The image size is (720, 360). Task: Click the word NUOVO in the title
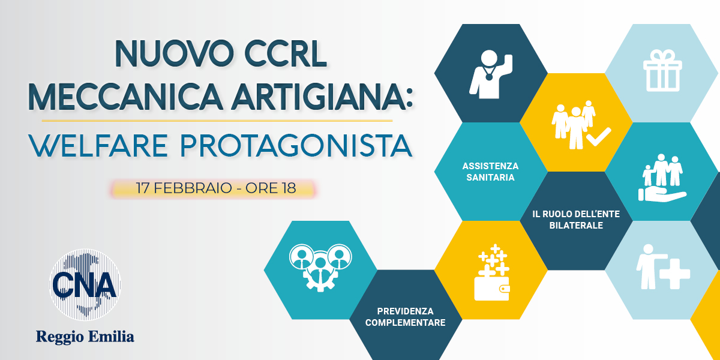174,53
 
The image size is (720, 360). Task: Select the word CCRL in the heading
286,53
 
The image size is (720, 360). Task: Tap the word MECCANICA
125,97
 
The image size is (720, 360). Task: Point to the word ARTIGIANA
317,97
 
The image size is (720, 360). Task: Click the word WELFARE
98,146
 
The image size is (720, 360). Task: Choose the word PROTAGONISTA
296,146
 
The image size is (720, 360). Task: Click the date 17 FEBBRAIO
184,188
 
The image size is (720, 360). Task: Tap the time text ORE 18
271,188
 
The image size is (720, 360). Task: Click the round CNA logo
85,285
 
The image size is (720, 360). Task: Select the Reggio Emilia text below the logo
85,337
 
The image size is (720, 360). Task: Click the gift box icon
662,70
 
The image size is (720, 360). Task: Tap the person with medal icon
491,74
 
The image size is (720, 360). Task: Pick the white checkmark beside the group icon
599,137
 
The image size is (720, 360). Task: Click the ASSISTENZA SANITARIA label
491,172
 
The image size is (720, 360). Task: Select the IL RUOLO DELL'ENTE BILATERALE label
576,220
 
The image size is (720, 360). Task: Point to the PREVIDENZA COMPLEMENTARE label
406,317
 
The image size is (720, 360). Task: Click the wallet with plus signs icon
493,272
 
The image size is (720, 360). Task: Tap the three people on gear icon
320,268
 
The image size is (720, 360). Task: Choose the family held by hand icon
662,178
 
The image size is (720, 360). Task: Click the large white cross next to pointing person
674,274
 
